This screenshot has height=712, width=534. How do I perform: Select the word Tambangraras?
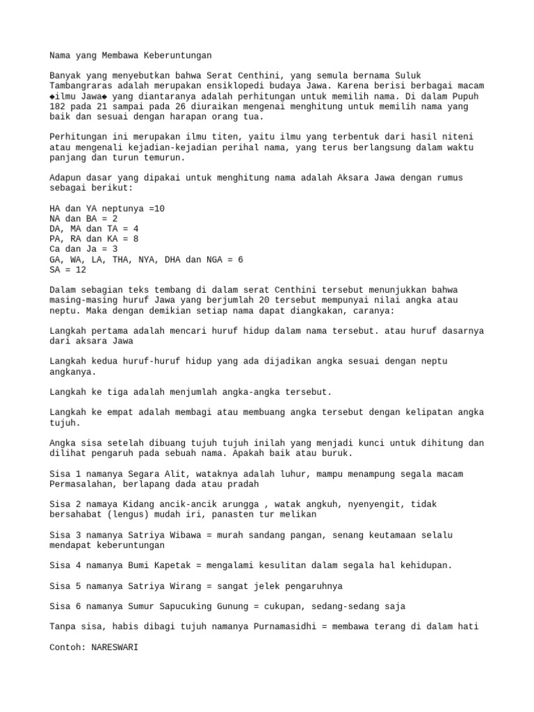click(82, 86)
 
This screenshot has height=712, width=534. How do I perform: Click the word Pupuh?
click(464, 96)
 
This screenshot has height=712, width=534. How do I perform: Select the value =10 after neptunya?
click(156, 209)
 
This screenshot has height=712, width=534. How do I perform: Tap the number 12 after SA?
click(81, 269)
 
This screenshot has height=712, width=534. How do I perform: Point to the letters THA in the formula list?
click(120, 259)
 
